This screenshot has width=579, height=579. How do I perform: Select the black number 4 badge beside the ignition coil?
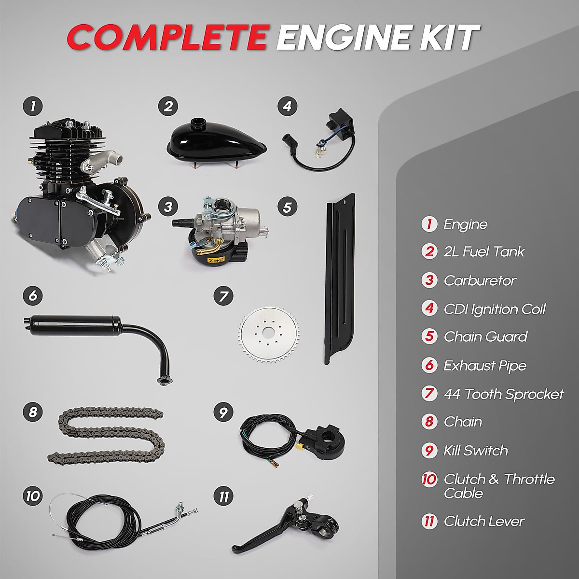(x=287, y=106)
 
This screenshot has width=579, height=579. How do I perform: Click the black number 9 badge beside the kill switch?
(x=222, y=413)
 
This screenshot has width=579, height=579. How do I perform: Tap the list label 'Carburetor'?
(x=480, y=280)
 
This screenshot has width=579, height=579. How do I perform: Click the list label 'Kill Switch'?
(x=475, y=451)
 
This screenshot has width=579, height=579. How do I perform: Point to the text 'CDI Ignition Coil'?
(x=495, y=309)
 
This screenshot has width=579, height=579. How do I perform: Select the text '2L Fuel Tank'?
(x=483, y=251)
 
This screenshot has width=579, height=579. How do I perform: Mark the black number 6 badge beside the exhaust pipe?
(x=32, y=295)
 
